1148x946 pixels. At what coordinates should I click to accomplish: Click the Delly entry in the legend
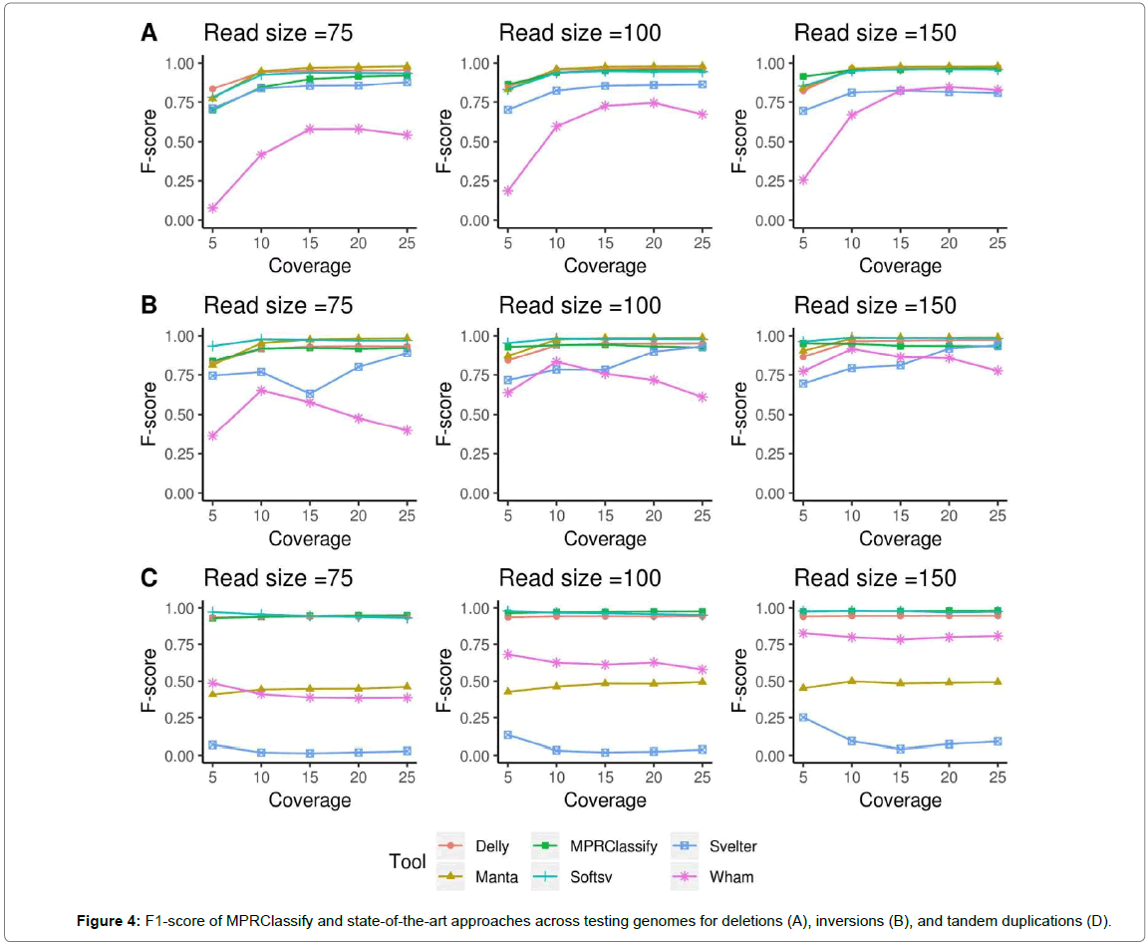492,846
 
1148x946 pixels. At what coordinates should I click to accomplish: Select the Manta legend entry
495,877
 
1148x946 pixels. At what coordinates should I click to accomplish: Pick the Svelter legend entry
733,846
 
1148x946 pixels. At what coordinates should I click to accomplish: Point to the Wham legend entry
732,877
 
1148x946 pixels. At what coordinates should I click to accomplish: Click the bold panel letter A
148,33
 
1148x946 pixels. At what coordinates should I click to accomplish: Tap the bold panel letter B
148,305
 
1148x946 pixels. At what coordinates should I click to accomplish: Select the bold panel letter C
148,578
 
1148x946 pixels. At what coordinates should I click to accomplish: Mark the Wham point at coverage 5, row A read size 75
213,207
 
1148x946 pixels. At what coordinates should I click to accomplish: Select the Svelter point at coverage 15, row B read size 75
310,394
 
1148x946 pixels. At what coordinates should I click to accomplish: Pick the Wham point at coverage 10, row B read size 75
261,390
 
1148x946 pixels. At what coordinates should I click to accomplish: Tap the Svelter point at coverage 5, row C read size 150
803,718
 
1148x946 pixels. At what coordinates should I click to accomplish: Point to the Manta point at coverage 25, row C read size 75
407,687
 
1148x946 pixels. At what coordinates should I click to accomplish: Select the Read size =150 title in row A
874,33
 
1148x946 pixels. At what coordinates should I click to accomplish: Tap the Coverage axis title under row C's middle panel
605,800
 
